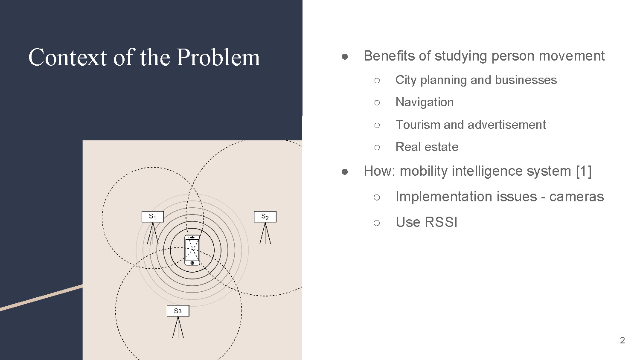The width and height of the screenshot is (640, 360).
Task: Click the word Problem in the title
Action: pos(218,57)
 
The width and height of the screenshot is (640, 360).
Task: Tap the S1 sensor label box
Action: pos(152,217)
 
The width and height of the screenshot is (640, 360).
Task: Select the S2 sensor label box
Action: pos(265,217)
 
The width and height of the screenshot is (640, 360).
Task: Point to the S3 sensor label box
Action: pos(177,311)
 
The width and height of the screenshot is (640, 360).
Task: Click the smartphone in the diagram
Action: pos(192,250)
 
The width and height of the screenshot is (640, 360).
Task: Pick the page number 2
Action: pos(622,340)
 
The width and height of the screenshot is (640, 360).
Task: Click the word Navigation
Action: pos(424,102)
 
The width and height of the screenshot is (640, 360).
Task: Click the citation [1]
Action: pos(583,171)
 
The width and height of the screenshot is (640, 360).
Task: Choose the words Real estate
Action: pos(427,147)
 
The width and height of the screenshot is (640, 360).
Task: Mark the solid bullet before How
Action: pos(345,171)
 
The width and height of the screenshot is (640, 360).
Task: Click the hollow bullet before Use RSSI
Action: pos(376,223)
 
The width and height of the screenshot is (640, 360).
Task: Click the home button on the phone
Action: pos(192,263)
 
